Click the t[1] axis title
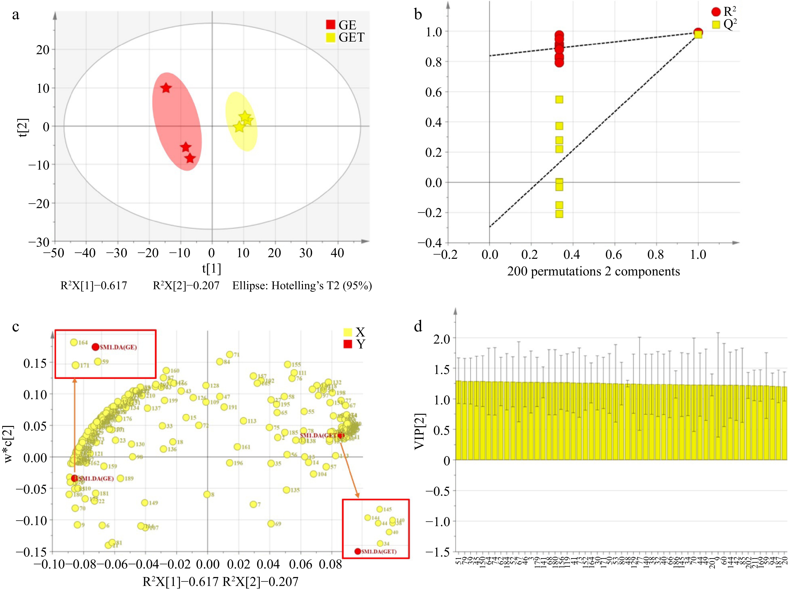[212, 268]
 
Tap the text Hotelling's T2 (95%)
[302, 286]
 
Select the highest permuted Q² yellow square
[559, 99]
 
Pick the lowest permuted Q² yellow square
[559, 214]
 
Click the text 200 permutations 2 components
[593, 271]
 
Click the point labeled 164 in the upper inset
[74, 342]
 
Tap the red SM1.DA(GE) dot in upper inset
[95, 347]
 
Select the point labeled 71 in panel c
[230, 354]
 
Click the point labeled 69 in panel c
[271, 523]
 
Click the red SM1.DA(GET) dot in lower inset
[358, 551]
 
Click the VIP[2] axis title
[420, 431]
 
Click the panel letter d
[418, 326]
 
